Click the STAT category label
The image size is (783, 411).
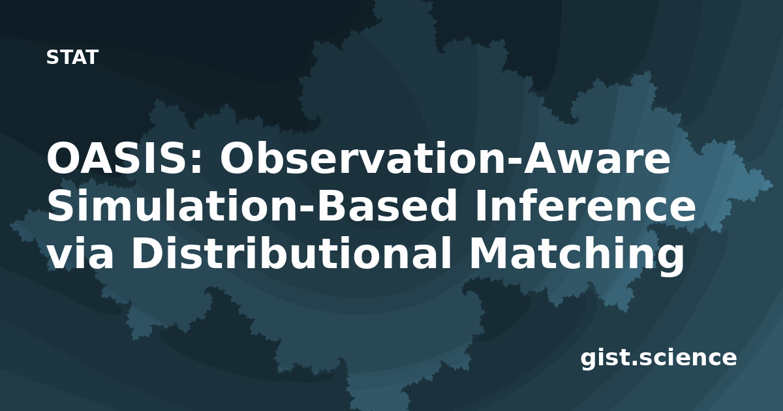[x=72, y=57]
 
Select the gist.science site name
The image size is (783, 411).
[x=658, y=359]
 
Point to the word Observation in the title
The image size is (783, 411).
[x=365, y=157]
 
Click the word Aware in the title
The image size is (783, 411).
[x=596, y=157]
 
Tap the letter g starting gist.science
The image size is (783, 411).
[x=588, y=361]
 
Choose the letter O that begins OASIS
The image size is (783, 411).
[x=63, y=157]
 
